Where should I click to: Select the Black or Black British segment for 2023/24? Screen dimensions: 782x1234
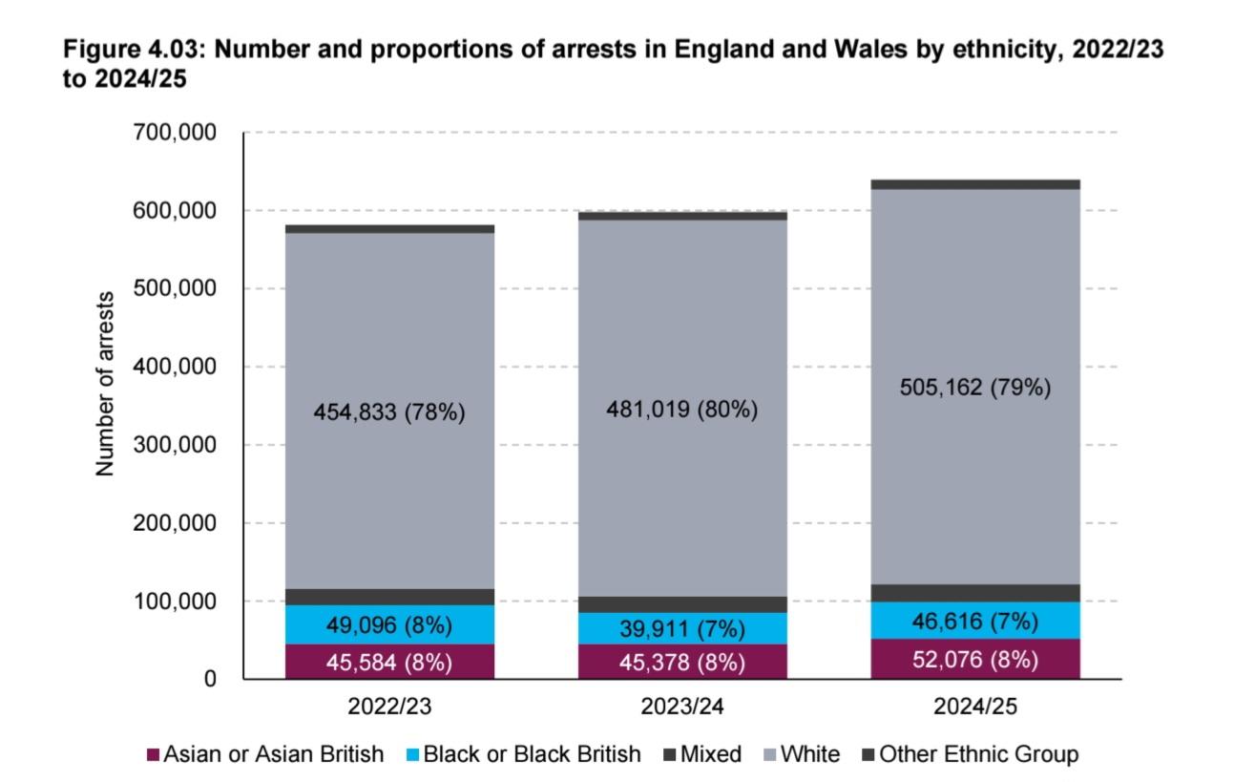(x=681, y=628)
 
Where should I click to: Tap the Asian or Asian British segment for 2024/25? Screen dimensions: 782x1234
(x=974, y=659)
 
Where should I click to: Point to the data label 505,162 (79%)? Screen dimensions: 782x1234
(x=974, y=389)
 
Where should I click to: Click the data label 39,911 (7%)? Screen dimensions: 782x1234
(x=681, y=629)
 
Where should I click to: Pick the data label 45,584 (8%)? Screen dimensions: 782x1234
(x=388, y=662)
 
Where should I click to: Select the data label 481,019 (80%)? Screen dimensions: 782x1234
(x=681, y=410)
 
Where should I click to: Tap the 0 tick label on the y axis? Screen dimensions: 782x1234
(x=209, y=680)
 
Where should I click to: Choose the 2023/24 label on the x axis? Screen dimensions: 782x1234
(x=681, y=708)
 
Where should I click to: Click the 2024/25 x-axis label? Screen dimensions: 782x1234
(x=974, y=708)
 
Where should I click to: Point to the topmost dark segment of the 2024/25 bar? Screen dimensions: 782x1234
(x=974, y=184)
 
